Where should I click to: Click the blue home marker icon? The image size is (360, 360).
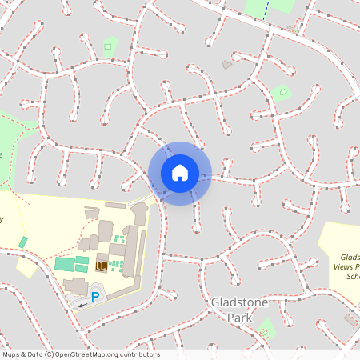(179, 173)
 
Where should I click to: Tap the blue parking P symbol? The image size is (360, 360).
(95, 297)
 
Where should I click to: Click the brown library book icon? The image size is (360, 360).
(102, 266)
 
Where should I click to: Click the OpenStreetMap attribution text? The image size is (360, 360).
(81, 354)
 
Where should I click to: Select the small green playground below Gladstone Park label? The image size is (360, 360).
(266, 328)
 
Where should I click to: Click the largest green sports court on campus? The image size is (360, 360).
(63, 264)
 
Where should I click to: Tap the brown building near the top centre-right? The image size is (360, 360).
(227, 64)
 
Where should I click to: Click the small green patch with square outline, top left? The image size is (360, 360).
(108, 46)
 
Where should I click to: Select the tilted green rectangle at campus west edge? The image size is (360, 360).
(23, 242)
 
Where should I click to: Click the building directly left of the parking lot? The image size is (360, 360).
(75, 285)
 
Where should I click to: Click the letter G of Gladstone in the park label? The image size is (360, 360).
(214, 302)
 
